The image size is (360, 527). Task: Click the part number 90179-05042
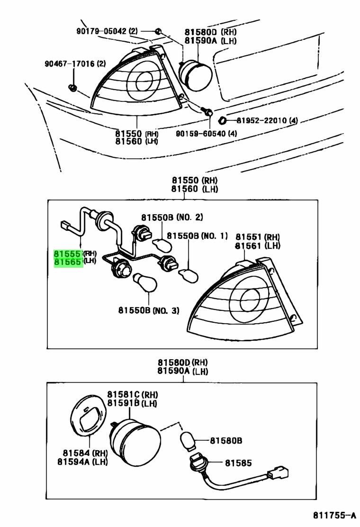coord(102,31)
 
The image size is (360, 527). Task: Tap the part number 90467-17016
coord(70,64)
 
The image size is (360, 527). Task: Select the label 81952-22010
coord(261,120)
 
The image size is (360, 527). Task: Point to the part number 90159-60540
coord(201,134)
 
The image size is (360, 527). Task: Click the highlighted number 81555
coord(68,254)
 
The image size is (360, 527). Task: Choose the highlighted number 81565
coord(68,262)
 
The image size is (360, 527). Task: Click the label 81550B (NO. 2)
coord(172,218)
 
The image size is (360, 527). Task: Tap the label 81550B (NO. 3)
coord(148,310)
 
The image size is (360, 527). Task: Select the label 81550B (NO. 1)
coord(197,236)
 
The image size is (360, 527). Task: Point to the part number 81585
coord(238,463)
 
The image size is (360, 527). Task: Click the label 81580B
coord(226,440)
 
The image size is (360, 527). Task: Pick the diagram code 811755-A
coord(334,515)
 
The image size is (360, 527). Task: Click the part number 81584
coord(76,453)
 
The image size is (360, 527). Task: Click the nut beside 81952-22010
coord(222,120)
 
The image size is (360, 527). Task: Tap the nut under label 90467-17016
coord(72,88)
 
